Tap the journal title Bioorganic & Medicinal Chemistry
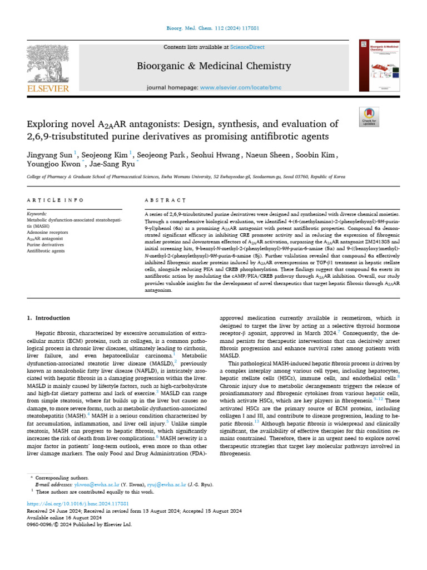(214, 66)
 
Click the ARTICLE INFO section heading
(55, 200)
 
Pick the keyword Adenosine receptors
(48, 232)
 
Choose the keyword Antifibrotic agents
(46, 251)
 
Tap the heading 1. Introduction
(48, 318)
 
